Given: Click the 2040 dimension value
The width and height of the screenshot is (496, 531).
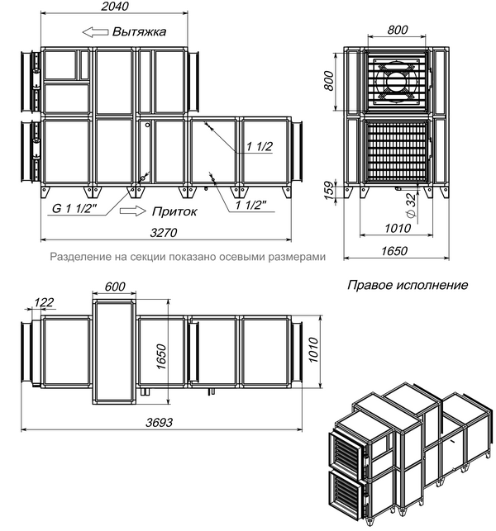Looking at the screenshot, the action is click(x=115, y=7).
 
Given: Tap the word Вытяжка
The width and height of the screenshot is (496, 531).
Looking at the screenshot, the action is click(x=139, y=32).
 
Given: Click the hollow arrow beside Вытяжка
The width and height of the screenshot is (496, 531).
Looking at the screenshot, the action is click(x=95, y=32).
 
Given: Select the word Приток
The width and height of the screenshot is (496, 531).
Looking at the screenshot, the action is click(x=174, y=211).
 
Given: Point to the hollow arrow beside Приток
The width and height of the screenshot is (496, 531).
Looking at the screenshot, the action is click(x=132, y=211).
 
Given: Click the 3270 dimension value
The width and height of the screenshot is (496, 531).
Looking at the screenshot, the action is click(x=164, y=233).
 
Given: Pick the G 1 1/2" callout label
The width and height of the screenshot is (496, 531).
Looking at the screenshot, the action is click(x=74, y=208).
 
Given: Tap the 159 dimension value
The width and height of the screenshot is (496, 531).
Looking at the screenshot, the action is click(x=329, y=190).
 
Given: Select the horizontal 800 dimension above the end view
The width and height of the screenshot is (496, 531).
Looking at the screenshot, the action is click(x=398, y=30).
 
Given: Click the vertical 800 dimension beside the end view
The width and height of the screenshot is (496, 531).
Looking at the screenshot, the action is click(x=328, y=81).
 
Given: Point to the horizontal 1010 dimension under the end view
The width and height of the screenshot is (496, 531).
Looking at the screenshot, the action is click(x=398, y=228).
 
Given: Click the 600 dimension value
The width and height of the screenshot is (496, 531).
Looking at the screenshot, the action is click(x=115, y=287).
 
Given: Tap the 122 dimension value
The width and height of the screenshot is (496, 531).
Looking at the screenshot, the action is click(x=44, y=302).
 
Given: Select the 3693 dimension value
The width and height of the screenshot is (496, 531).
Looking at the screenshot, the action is click(x=159, y=422).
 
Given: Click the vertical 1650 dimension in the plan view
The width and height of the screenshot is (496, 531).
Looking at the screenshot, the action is click(x=162, y=357).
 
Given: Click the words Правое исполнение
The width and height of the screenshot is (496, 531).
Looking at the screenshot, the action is click(x=408, y=285).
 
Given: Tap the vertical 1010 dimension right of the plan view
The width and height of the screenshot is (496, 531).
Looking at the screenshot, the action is click(x=314, y=349).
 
